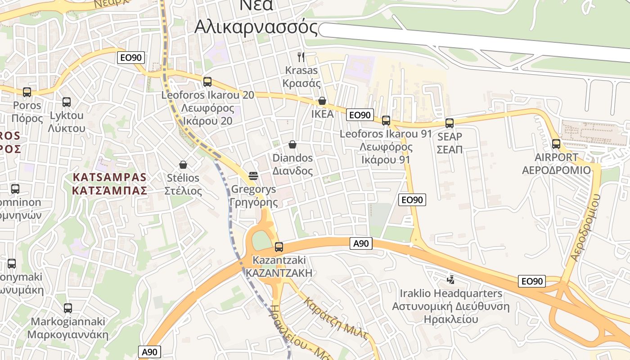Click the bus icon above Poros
[27, 92]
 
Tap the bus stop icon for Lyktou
[67, 102]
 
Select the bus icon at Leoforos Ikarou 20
[207, 82]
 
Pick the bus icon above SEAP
[449, 123]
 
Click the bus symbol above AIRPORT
[556, 144]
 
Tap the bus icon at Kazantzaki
[279, 247]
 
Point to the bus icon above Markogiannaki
[68, 308]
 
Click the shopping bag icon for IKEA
[322, 101]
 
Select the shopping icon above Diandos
[292, 144]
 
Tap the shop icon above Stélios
[183, 165]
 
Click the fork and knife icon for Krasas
[301, 57]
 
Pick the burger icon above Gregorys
[253, 175]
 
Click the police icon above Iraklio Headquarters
[450, 280]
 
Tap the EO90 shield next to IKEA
[360, 115]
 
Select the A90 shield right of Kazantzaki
[361, 243]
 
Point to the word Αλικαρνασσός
[256, 27]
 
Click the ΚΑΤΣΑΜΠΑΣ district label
[109, 190]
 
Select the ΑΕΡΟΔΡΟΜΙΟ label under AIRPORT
[556, 170]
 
